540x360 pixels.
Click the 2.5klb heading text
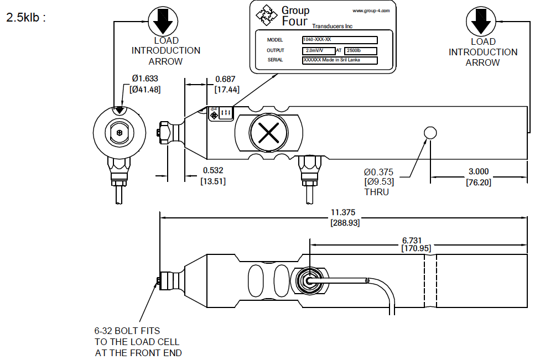pyautogui.click(x=24, y=17)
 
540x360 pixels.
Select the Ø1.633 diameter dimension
pyautogui.click(x=146, y=83)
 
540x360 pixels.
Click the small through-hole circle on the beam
pyautogui.click(x=430, y=132)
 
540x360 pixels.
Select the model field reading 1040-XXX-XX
pyautogui.click(x=340, y=40)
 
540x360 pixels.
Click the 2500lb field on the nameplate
pyautogui.click(x=360, y=50)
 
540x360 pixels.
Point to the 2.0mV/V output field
pyautogui.click(x=319, y=50)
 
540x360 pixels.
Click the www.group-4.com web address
pyautogui.click(x=371, y=11)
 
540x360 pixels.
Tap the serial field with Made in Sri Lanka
pyautogui.click(x=340, y=60)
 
